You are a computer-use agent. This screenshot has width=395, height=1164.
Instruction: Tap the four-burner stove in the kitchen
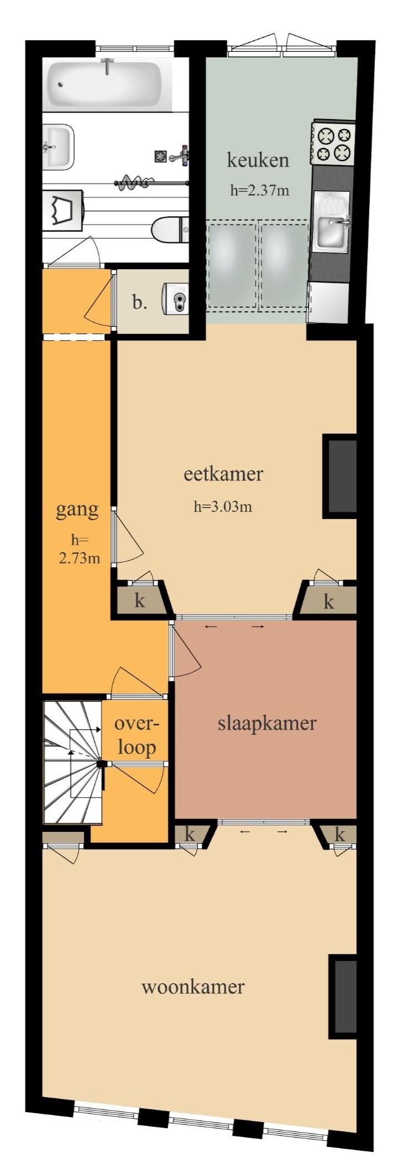click(333, 142)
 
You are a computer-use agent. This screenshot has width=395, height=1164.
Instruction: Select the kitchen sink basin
click(332, 221)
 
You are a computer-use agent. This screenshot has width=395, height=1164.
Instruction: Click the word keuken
click(258, 161)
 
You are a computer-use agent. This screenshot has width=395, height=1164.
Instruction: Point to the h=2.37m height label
click(259, 191)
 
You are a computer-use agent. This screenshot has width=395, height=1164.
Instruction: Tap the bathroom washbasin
click(58, 146)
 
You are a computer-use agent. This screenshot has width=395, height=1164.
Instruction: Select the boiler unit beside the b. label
click(175, 300)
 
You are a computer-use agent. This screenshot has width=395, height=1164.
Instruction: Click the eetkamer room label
click(223, 474)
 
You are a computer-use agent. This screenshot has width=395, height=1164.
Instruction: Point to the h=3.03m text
click(223, 506)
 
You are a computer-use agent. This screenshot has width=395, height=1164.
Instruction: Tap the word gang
click(77, 510)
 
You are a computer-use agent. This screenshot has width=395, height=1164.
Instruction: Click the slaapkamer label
click(267, 723)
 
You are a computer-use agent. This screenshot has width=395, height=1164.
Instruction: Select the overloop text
click(136, 736)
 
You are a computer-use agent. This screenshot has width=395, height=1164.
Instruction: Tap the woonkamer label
click(193, 986)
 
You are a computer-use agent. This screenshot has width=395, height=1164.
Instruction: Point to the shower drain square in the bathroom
click(160, 157)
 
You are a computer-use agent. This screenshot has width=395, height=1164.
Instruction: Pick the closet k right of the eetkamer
click(327, 600)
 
